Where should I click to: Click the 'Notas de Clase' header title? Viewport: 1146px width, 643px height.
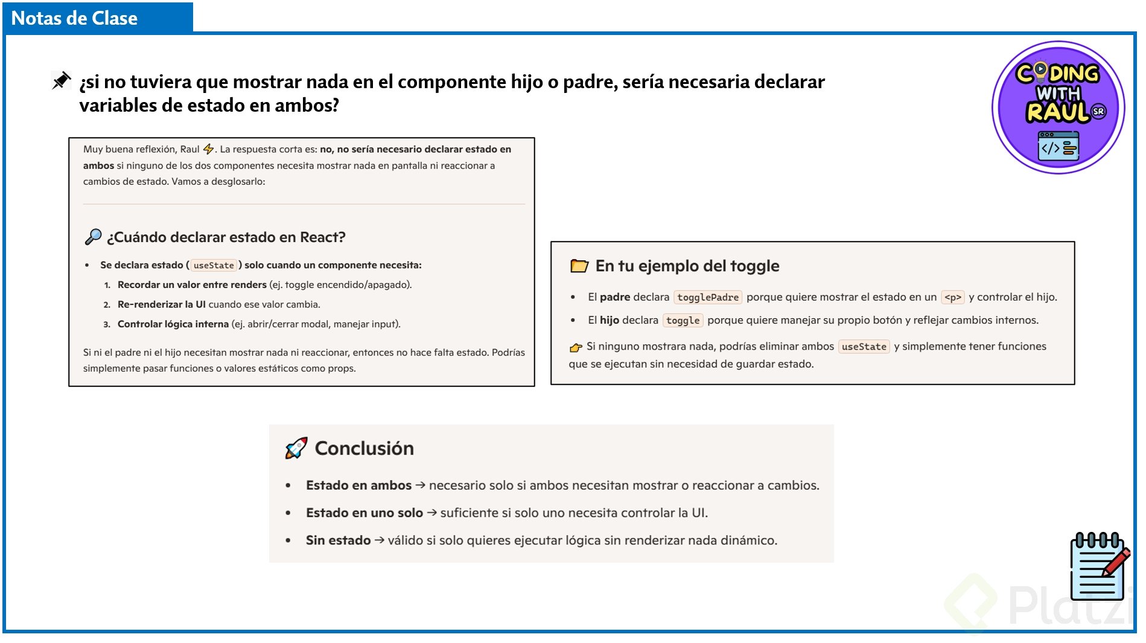[74, 18]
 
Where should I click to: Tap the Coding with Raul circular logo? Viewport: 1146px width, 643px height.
[1058, 107]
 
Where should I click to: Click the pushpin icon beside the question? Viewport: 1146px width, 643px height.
[61, 80]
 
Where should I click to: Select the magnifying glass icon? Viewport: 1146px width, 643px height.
[93, 237]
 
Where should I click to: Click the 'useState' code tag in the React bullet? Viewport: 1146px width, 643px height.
[214, 266]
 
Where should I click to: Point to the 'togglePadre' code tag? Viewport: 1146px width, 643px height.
[707, 297]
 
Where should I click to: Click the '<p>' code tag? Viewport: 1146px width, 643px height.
[952, 297]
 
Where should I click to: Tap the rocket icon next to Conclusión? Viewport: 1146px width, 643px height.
[296, 448]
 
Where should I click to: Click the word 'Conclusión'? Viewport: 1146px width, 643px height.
[364, 448]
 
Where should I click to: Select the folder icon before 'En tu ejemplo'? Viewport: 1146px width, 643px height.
[579, 266]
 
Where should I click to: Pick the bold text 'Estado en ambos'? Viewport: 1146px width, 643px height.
[358, 485]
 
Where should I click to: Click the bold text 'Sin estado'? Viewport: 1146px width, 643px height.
[338, 540]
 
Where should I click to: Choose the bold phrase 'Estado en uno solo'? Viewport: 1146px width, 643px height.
[364, 513]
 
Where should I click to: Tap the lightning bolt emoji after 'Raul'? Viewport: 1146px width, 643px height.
[209, 149]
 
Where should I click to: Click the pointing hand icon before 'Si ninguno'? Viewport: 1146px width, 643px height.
[576, 347]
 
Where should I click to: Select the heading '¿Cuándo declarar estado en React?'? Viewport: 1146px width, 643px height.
[226, 237]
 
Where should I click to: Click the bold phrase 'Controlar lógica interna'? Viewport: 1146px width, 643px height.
[173, 324]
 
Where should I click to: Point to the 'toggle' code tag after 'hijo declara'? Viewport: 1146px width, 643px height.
[683, 321]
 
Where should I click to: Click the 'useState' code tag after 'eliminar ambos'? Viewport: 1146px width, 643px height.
[864, 347]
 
